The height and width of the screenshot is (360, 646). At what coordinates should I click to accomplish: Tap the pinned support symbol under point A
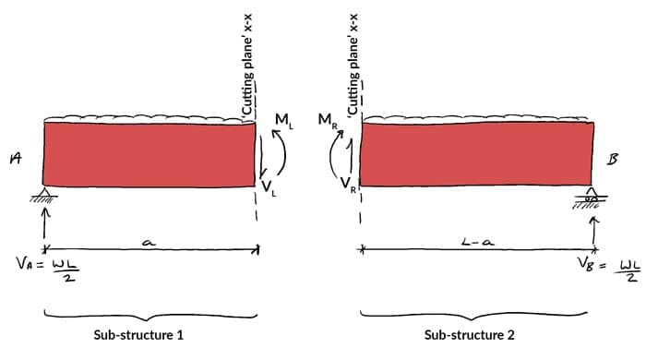tap(45, 197)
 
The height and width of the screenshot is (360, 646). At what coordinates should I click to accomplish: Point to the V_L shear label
tap(268, 187)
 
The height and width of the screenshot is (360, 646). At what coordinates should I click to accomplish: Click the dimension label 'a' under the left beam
tap(149, 243)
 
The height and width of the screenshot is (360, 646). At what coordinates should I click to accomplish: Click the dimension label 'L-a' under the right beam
tap(476, 243)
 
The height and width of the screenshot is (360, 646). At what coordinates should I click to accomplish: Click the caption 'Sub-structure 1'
tap(144, 334)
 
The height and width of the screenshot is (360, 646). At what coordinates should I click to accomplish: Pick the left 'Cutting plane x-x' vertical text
tap(247, 57)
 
